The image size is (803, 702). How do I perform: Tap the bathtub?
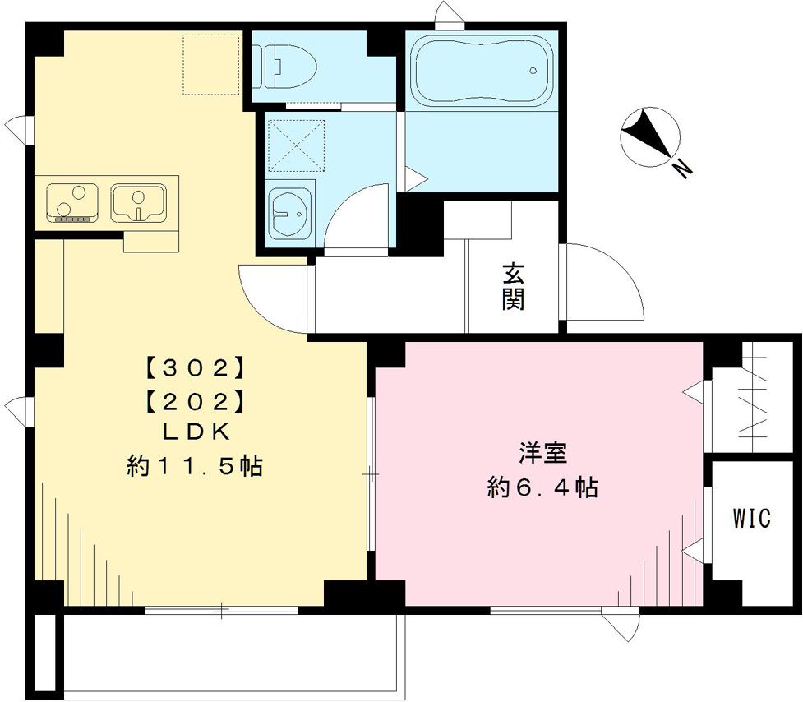click(x=481, y=70)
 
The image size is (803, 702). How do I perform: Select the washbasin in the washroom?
click(x=289, y=210)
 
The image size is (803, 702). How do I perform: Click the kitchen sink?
click(x=137, y=202)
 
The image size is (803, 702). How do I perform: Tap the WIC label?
click(x=751, y=519)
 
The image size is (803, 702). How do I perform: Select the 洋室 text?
click(x=544, y=454)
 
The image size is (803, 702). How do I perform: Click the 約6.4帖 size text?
click(x=542, y=488)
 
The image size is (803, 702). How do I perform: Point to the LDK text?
click(x=196, y=432)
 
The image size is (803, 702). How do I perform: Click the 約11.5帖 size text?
click(x=195, y=467)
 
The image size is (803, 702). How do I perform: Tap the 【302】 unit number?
click(x=196, y=364)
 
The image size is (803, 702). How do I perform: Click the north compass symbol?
click(x=649, y=136)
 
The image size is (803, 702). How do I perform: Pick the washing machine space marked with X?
click(x=297, y=145)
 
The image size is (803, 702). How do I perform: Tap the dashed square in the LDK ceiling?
click(x=211, y=63)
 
